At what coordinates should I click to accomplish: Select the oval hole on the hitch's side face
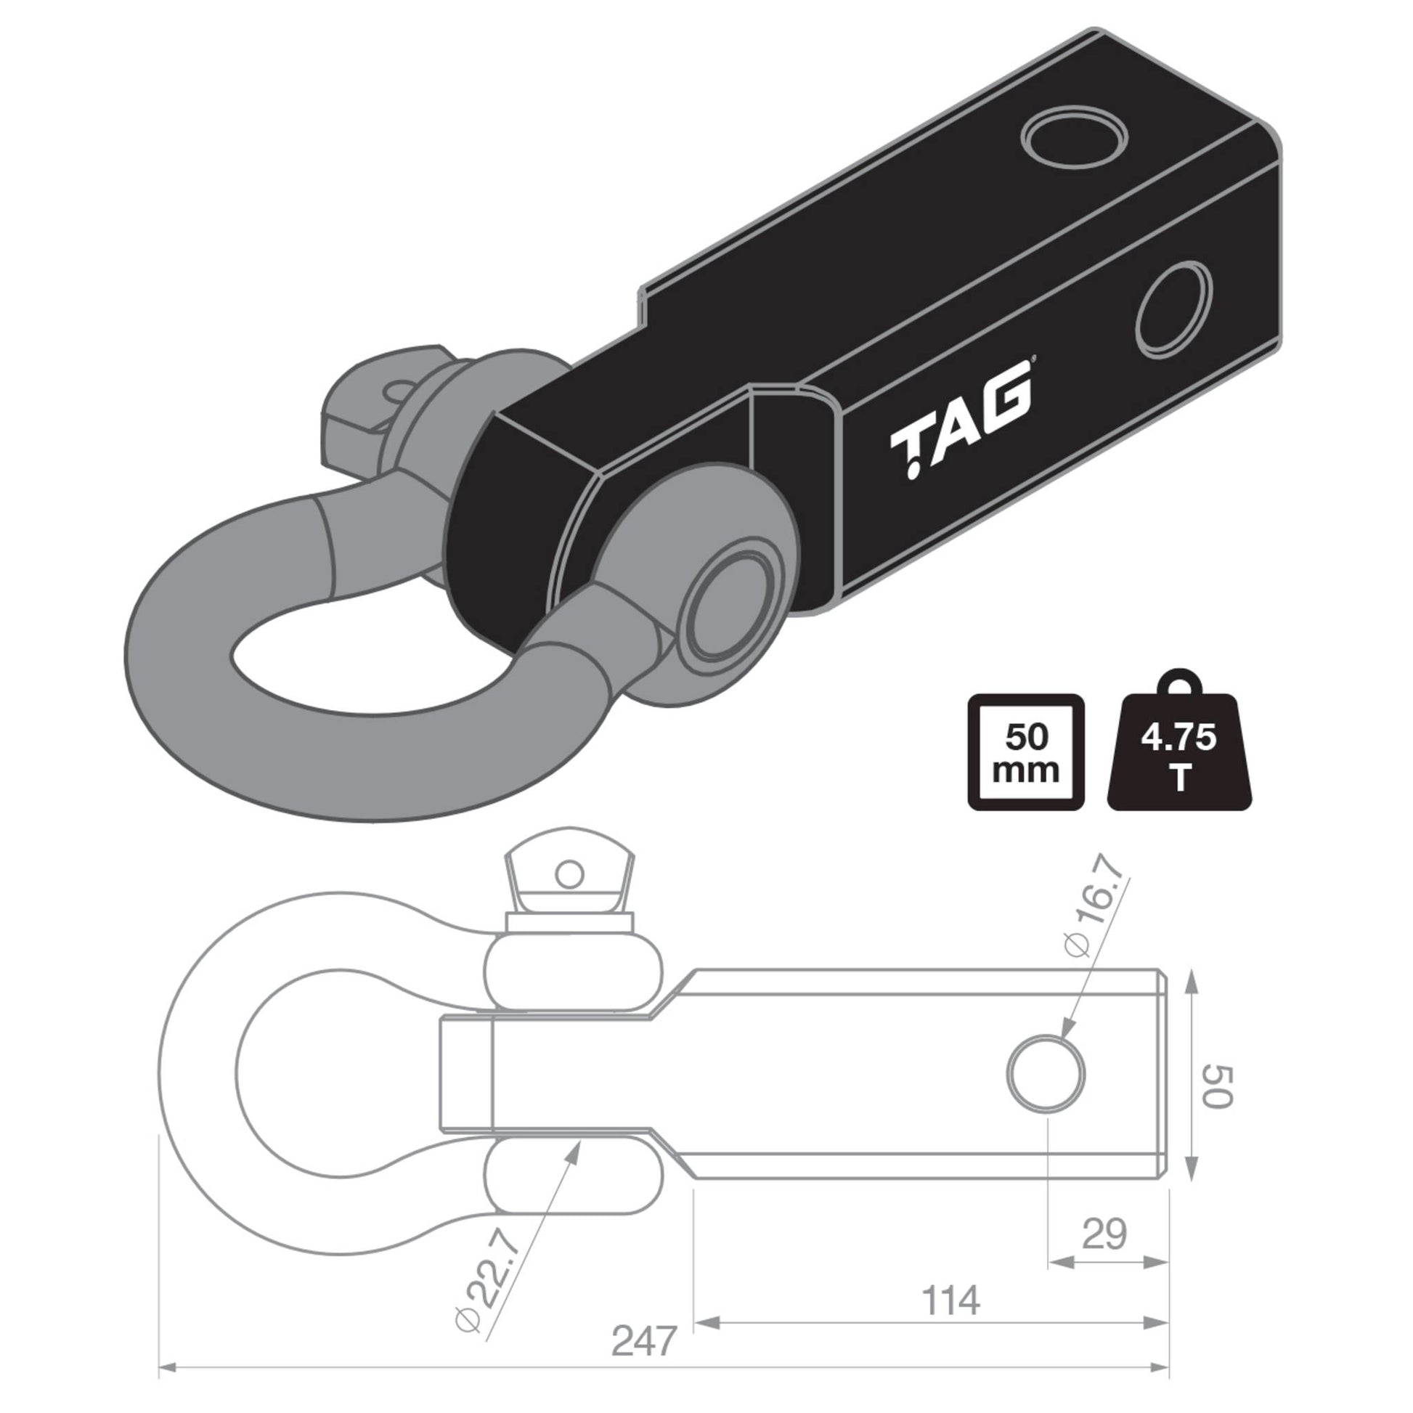click(1175, 311)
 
